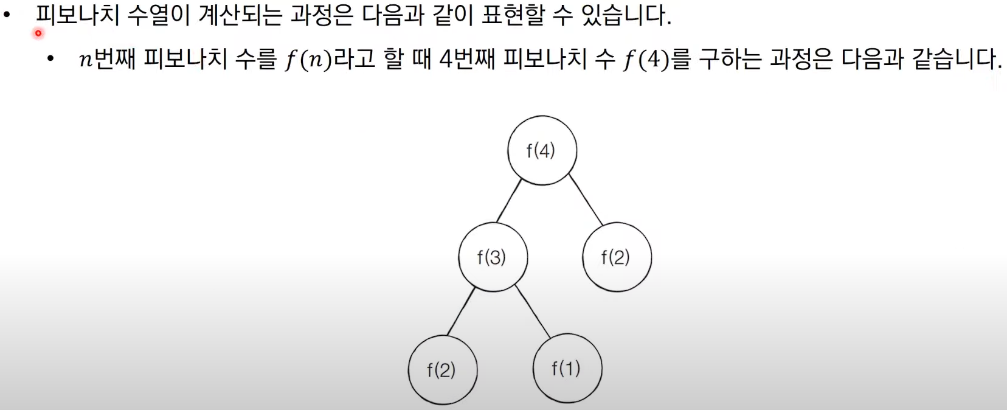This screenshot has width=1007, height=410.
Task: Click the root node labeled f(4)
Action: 542,150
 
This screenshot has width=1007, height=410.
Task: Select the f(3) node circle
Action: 493,257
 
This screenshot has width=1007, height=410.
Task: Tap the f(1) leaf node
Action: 567,368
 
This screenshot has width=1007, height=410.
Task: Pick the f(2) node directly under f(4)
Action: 617,257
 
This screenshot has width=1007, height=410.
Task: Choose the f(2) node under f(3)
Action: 442,370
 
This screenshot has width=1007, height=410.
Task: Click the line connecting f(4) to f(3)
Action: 509,201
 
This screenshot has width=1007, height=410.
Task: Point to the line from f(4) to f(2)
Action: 585,200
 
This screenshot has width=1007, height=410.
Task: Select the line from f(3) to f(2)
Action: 461,310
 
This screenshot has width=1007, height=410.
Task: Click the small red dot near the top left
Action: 38,33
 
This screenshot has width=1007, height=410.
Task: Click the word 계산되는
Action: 240,15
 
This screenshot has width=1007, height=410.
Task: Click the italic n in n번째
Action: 86,60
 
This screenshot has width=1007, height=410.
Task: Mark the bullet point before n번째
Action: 50,59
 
